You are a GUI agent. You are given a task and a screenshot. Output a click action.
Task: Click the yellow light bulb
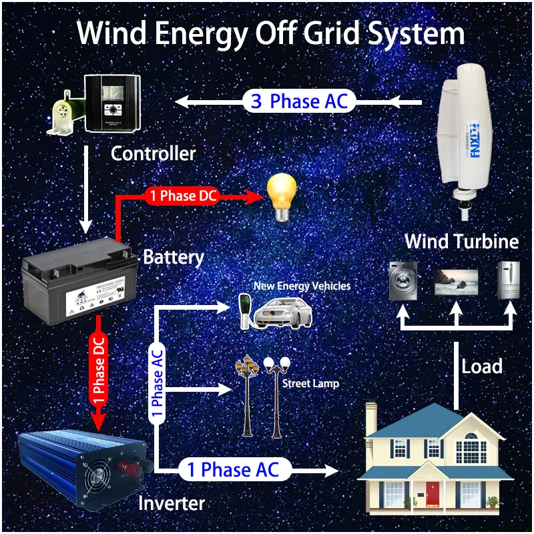pos(281,194)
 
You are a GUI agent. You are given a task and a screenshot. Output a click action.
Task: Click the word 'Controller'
pos(153,154)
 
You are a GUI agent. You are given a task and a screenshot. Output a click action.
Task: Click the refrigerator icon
pos(508,280)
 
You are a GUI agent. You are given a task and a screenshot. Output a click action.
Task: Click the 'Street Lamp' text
pos(310,384)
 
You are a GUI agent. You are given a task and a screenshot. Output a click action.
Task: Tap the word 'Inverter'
pos(171,503)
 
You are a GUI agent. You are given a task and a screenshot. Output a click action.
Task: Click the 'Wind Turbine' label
pos(461,240)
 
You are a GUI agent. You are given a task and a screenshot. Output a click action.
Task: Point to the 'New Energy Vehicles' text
pos(302,286)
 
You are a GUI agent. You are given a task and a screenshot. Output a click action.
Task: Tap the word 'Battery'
pos(174,256)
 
